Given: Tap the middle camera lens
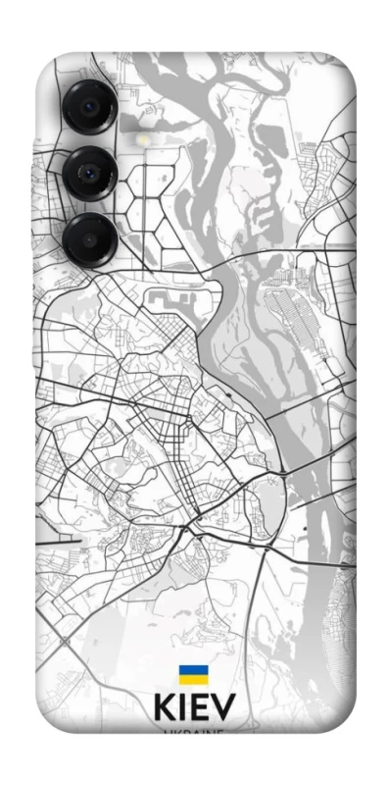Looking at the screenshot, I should [91, 174].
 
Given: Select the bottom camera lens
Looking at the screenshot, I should [89, 237].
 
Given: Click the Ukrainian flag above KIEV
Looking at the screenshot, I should [193, 675].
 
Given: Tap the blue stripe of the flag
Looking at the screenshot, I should [193, 670].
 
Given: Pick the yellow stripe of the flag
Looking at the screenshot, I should [193, 680].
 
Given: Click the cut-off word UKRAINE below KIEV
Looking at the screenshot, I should [193, 731].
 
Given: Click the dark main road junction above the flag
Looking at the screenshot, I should [185, 530].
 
